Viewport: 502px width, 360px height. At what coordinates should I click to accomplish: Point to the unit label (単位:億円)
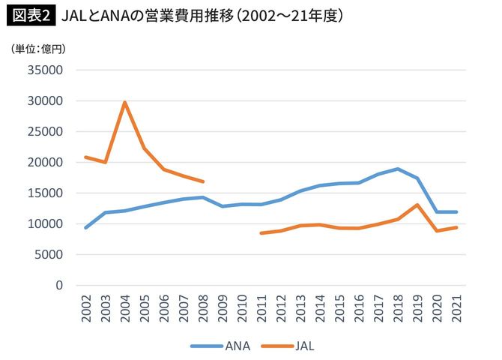[x=38, y=49]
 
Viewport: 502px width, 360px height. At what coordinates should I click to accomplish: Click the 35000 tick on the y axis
[x=44, y=70]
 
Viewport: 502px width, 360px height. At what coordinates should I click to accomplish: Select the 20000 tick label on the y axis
[x=44, y=163]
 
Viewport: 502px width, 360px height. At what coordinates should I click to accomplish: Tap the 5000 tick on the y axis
[x=47, y=255]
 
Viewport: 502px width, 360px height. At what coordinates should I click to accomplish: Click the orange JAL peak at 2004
[x=124, y=103]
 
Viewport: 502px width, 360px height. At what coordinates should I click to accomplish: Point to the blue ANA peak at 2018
[x=398, y=169]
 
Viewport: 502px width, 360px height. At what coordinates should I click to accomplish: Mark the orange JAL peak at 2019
[x=417, y=205]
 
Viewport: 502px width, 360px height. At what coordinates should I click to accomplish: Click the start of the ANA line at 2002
[x=86, y=228]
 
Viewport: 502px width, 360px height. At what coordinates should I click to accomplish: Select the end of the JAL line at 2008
[x=203, y=181]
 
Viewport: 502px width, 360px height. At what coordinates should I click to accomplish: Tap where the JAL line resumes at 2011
[x=261, y=233]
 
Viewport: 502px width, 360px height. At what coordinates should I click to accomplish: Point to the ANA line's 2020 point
[x=437, y=211]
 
